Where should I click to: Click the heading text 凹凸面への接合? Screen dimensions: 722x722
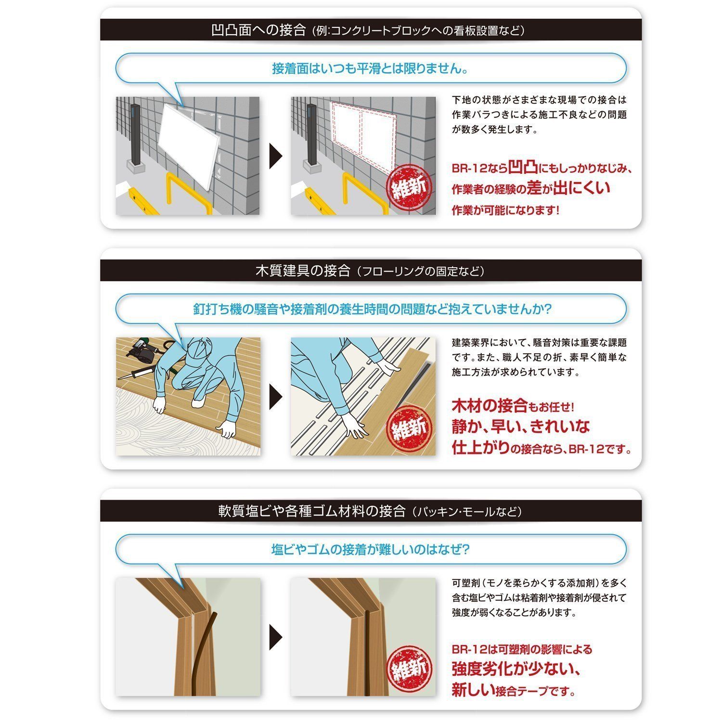(x=258, y=30)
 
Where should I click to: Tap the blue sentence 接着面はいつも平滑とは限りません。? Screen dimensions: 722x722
(x=370, y=68)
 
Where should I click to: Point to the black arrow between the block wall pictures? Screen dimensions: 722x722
(x=276, y=156)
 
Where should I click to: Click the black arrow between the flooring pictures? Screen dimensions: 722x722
(x=276, y=397)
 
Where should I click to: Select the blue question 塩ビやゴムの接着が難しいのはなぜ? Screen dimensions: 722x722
(x=370, y=549)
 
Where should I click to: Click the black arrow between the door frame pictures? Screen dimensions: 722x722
(x=276, y=637)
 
